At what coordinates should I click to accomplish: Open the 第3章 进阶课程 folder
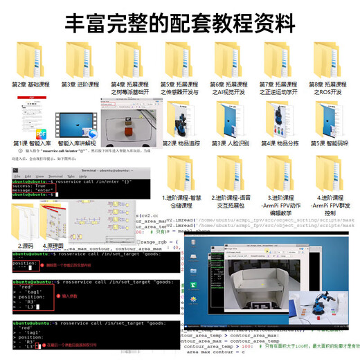click(78, 57)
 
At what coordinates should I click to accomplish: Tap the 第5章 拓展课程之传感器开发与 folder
click(179, 57)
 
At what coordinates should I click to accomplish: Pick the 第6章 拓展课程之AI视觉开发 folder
click(229, 57)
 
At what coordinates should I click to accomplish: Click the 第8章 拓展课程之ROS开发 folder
click(328, 57)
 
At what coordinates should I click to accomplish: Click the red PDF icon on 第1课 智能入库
click(42, 134)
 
